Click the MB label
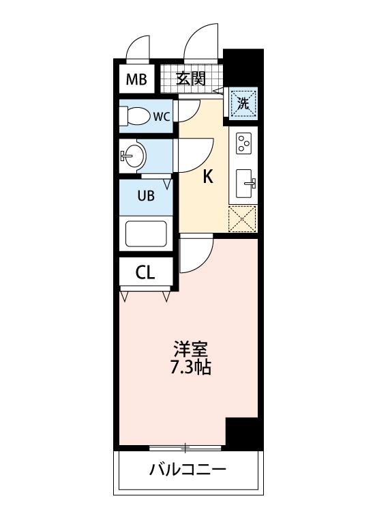(136, 79)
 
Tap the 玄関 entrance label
(191, 79)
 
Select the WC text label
(162, 116)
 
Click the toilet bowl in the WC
(136, 116)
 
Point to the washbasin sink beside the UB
(132, 156)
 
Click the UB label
(146, 196)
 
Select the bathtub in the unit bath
(146, 234)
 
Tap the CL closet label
(145, 272)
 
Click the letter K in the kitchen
(208, 177)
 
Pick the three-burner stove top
(244, 143)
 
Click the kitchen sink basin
(245, 184)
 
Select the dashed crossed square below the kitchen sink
(243, 218)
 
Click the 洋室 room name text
(191, 349)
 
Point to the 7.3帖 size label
(191, 368)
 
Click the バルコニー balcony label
(187, 470)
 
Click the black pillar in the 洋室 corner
(242, 433)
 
